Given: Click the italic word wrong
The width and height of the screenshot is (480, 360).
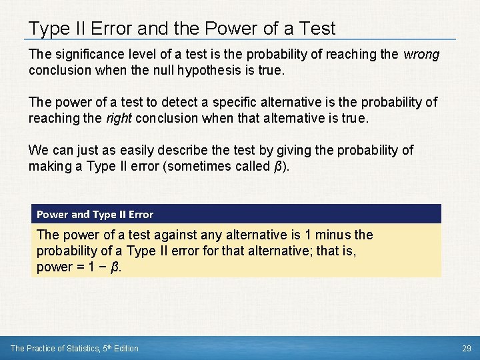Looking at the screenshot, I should pyautogui.click(x=421, y=55).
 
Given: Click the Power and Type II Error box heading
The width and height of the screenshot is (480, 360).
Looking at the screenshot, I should pyautogui.click(x=95, y=214).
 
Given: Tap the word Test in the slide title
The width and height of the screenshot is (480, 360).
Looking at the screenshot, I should pyautogui.click(x=317, y=29).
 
